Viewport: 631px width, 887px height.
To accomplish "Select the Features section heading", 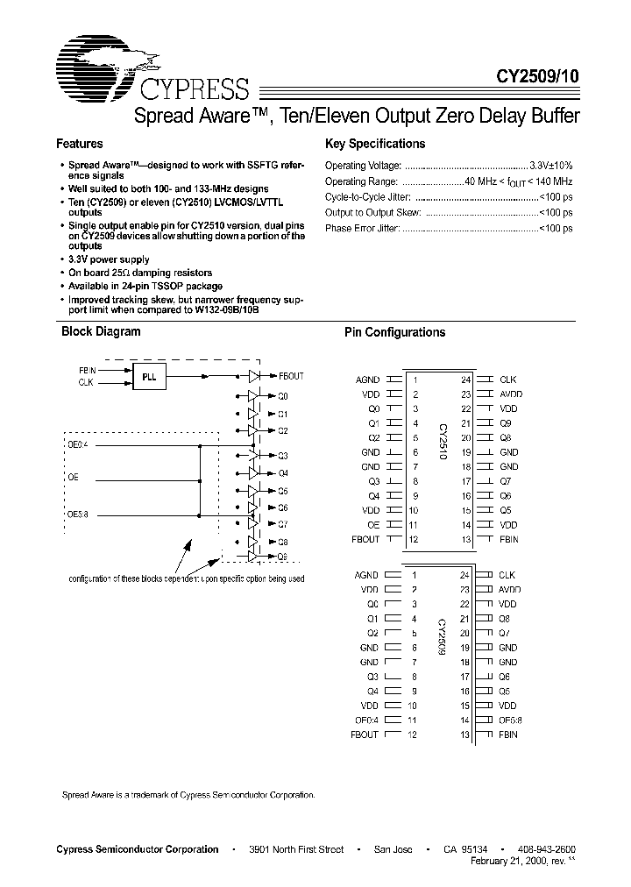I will click(80, 144).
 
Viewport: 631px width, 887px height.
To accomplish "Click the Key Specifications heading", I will click(374, 144).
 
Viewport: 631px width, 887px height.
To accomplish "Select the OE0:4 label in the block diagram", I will click(78, 444).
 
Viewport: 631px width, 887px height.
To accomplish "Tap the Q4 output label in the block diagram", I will click(282, 473).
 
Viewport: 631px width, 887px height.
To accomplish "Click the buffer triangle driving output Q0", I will click(253, 396).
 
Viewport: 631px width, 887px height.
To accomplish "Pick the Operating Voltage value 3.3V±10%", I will click(551, 165).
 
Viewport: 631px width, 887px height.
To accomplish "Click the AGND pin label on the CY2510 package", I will click(367, 380).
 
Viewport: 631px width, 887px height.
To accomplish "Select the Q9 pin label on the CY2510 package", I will click(506, 423).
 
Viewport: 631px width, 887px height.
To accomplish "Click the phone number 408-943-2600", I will click(547, 849).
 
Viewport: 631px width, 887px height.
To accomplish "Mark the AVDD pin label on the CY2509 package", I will click(510, 590).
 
